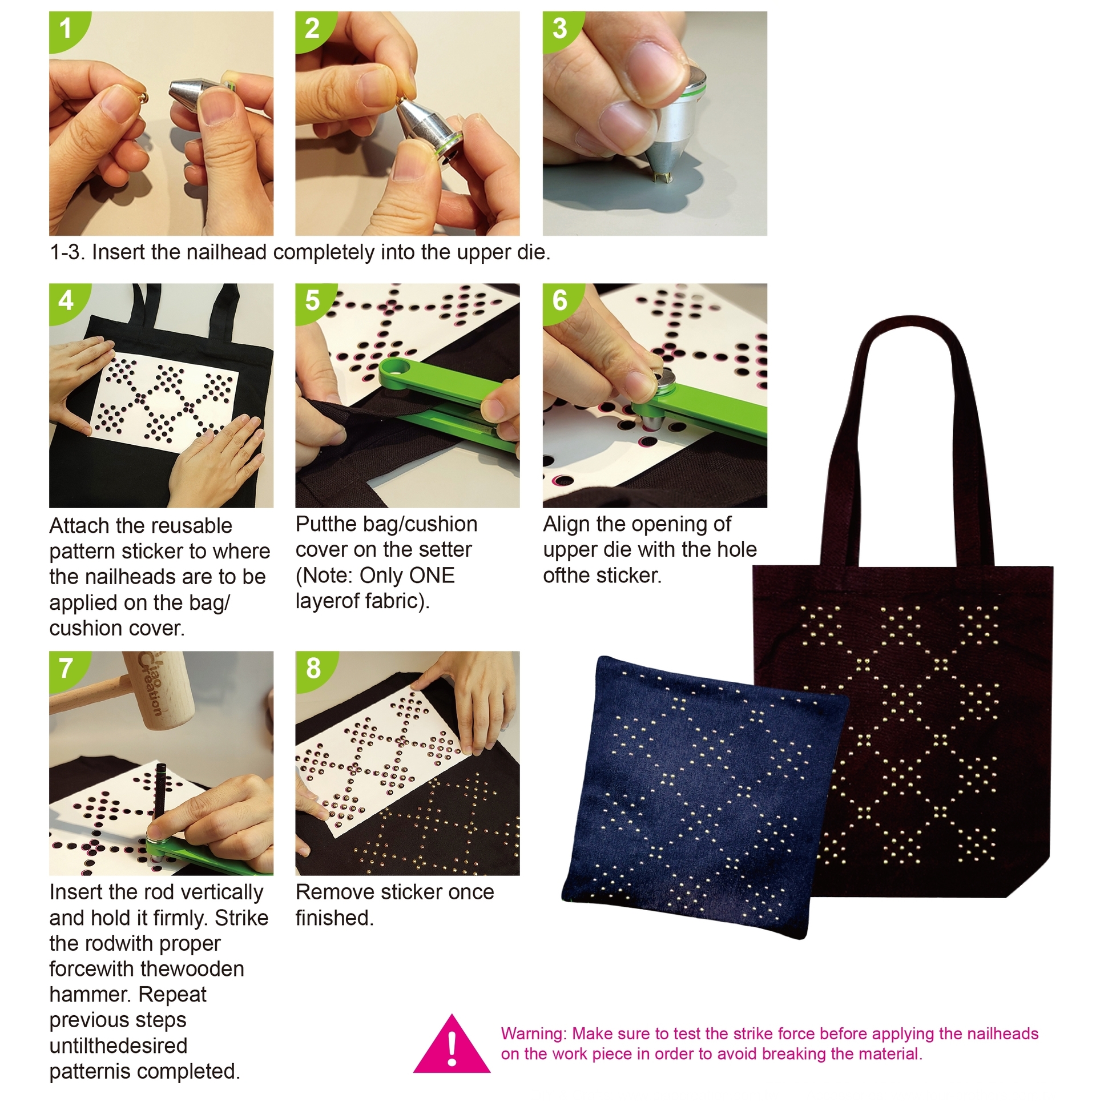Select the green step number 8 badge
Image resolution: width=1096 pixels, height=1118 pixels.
click(x=313, y=669)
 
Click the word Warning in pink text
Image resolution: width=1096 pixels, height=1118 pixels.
click(x=534, y=1034)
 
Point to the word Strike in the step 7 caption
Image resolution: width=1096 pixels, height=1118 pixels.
click(x=241, y=918)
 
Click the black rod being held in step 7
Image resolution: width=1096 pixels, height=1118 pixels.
click(x=159, y=795)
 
